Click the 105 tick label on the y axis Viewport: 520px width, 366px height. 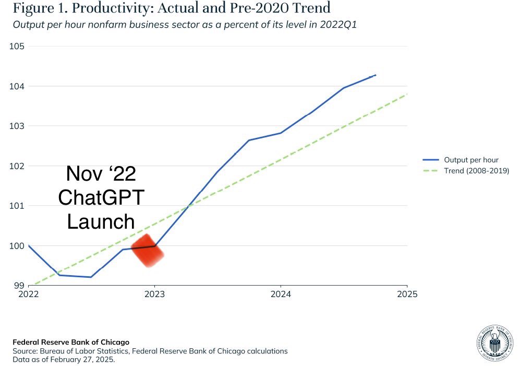17,46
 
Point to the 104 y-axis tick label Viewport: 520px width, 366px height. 17,86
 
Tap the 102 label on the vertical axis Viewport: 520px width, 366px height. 17,166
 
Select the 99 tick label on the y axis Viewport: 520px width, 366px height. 19,286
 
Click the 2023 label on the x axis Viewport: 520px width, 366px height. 154,294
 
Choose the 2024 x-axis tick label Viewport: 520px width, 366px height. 281,294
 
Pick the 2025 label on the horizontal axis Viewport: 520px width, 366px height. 407,294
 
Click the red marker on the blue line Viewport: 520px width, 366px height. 148,251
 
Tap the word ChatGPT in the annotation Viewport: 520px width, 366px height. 101,197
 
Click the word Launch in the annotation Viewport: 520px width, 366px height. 101,221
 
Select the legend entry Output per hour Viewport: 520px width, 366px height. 461,160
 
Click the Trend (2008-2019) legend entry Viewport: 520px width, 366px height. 466,171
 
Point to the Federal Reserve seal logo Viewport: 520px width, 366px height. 495,343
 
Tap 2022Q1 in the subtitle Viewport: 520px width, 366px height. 338,25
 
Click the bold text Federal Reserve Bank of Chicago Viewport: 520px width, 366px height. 71,342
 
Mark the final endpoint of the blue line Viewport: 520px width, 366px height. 376,75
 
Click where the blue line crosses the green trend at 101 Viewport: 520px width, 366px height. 188,207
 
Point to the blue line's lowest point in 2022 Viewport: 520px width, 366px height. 91,277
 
